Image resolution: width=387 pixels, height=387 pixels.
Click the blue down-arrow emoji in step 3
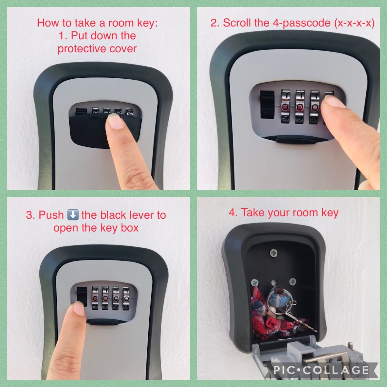tap(73, 215)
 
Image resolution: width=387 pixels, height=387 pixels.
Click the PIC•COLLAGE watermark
tap(321, 370)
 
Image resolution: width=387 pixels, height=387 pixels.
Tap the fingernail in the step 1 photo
tap(115, 121)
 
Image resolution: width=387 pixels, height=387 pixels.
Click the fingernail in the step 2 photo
tap(335, 101)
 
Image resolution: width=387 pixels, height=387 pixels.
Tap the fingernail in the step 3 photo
tap(79, 309)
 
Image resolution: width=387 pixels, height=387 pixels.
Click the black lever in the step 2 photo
tap(267, 104)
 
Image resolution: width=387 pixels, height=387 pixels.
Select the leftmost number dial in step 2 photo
tap(285, 106)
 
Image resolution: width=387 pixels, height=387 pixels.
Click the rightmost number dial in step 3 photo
tap(126, 298)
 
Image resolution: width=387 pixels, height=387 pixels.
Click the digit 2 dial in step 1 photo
tap(129, 112)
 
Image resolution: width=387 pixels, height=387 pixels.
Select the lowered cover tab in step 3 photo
tap(104, 322)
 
